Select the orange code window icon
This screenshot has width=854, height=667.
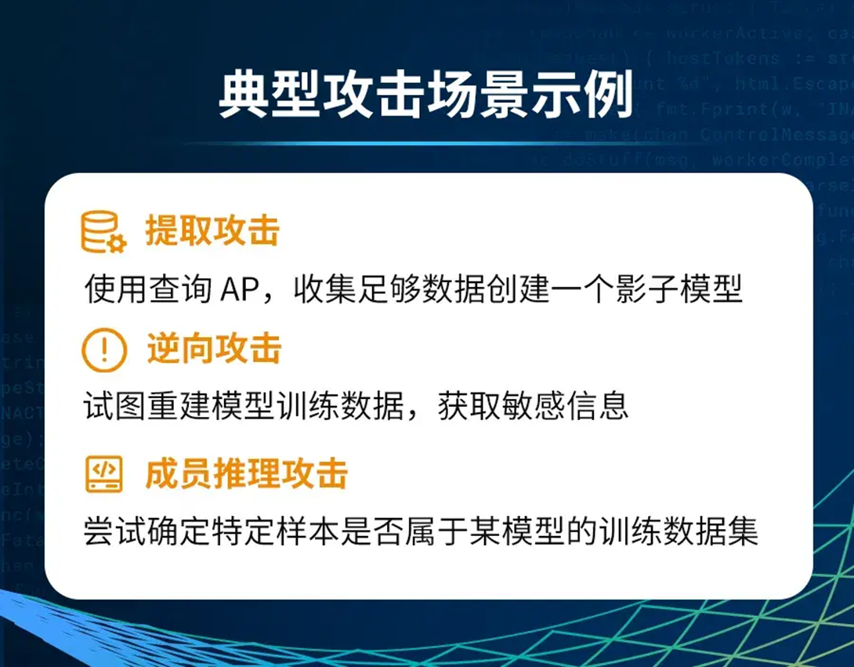(103, 474)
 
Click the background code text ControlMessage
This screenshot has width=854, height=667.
(772, 134)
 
